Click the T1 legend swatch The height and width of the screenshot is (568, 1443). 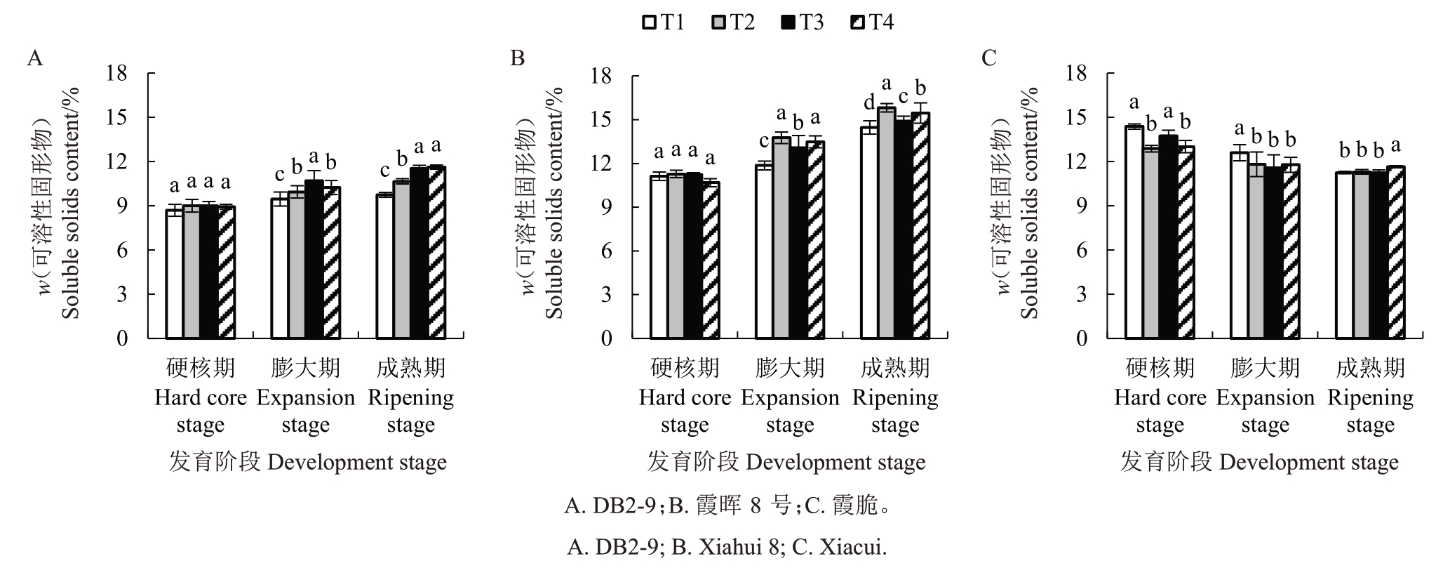pos(650,23)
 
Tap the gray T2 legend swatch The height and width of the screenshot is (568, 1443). pos(718,23)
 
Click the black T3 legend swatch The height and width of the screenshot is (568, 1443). pos(787,23)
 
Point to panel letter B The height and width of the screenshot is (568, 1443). pos(517,58)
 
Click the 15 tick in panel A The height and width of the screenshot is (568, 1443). pos(117,117)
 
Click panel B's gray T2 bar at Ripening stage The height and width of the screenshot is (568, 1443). pos(886,223)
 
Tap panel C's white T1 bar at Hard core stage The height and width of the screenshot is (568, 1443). pos(1134,232)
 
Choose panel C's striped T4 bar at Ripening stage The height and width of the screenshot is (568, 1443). pos(1396,253)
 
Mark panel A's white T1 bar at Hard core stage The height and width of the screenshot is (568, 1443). pos(175,274)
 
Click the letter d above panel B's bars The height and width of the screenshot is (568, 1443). pos(869,103)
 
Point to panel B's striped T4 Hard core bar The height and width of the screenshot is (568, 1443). pos(711,260)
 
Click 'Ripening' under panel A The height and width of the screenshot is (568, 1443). pos(411,399)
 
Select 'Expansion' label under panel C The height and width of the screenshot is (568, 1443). pos(1265,398)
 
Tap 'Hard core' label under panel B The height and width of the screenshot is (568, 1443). pos(685,397)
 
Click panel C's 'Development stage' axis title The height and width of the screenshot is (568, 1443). pos(1309,463)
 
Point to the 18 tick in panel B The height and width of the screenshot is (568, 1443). pos(601,75)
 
